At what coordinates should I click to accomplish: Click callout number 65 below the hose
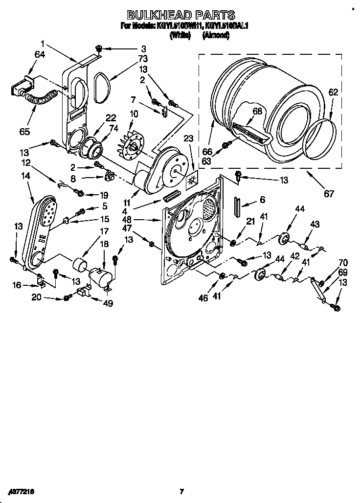pyautogui.click(x=25, y=132)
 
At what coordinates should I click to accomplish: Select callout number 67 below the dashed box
pyautogui.click(x=329, y=194)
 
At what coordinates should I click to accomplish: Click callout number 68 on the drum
pyautogui.click(x=257, y=111)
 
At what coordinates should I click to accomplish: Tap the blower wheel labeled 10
pyautogui.click(x=131, y=145)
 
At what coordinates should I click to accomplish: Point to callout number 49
pyautogui.click(x=108, y=303)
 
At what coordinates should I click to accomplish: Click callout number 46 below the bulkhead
pyautogui.click(x=204, y=297)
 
